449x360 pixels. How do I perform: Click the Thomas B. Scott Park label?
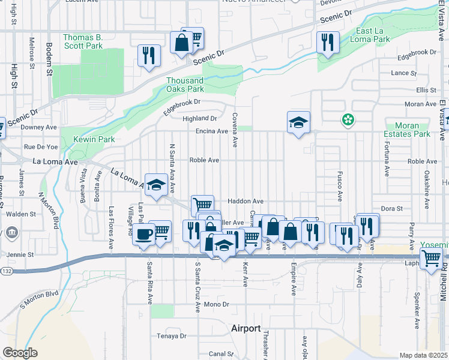click(x=83, y=41)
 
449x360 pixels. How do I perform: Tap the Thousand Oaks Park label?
click(x=185, y=85)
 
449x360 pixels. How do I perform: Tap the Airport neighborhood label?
click(x=246, y=328)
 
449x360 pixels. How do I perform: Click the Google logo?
click(x=20, y=353)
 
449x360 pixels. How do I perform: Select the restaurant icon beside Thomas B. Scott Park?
click(x=148, y=55)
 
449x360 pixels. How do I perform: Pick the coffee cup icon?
click(x=143, y=233)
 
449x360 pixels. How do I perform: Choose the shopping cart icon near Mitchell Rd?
click(x=430, y=259)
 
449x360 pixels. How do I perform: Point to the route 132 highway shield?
click(x=6, y=271)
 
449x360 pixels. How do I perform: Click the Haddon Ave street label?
click(x=245, y=201)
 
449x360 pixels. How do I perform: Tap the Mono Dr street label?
click(x=217, y=304)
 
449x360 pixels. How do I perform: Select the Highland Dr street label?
click(x=200, y=118)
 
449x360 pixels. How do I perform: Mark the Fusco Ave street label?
click(x=339, y=185)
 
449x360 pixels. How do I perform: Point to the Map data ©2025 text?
click(x=423, y=355)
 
